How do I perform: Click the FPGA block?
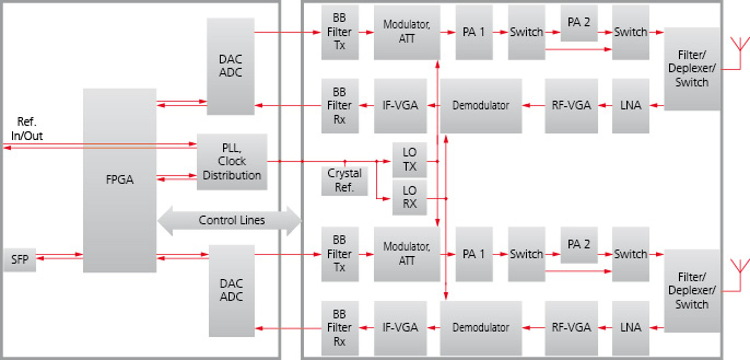119,180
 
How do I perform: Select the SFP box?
20,260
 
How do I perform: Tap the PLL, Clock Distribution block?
232,162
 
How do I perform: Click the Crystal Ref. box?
344,180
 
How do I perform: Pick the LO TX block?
409,160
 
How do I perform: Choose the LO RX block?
409,198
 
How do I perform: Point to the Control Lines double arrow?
230,220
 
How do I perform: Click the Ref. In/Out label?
26,129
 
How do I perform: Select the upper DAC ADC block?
230,66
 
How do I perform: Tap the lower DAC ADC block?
231,290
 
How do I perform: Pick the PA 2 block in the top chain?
579,23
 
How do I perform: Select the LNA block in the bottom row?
630,327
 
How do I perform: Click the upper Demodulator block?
480,106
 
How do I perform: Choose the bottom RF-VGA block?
571,327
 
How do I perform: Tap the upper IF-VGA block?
400,106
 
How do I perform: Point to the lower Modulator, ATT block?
406,254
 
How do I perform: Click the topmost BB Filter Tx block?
339,32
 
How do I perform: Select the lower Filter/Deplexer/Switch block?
691,291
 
